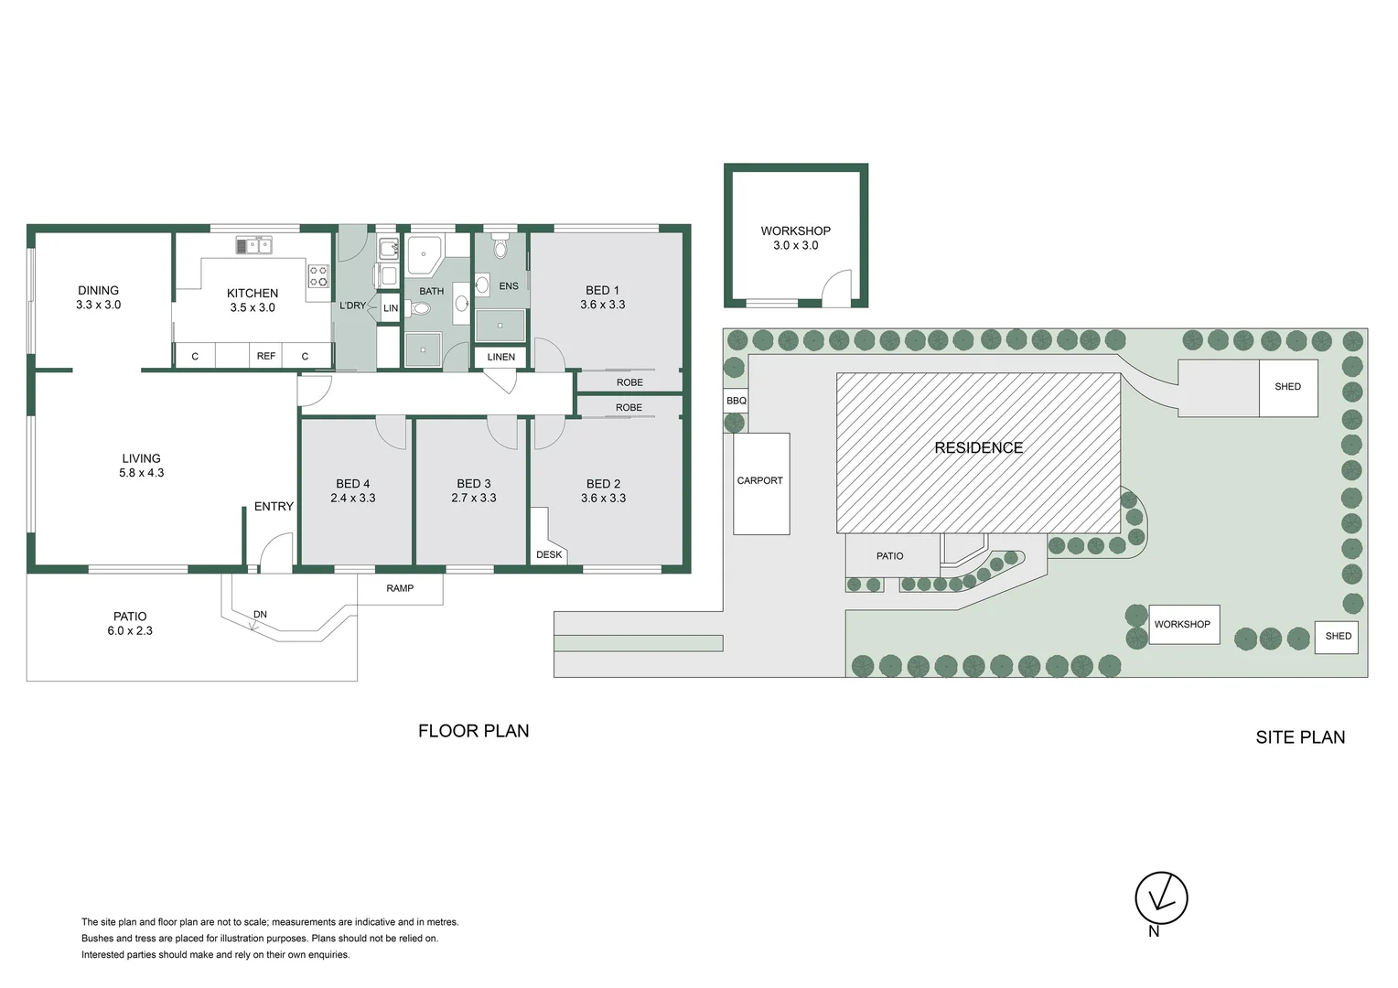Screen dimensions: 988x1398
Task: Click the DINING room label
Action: [98, 290]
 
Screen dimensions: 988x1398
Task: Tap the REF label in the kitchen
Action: [265, 356]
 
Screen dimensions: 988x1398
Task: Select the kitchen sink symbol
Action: [253, 245]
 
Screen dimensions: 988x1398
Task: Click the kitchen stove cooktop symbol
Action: [317, 275]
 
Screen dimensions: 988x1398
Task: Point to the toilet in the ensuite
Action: [500, 247]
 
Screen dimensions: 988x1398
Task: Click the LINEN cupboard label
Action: [500, 357]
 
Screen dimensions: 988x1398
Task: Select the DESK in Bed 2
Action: [549, 554]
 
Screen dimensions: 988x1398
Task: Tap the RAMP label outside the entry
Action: [400, 588]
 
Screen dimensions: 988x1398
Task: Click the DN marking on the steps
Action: [260, 615]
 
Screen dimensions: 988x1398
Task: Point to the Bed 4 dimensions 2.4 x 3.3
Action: [353, 499]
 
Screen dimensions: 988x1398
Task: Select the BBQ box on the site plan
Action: [737, 401]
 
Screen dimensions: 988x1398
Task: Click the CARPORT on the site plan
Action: [760, 481]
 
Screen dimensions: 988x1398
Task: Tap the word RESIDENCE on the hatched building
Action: [978, 447]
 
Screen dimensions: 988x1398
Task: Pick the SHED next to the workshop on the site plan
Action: [1338, 636]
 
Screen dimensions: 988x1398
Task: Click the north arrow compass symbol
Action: [1161, 897]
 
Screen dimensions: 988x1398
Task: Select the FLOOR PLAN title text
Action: [473, 731]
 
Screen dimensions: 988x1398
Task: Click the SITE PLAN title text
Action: [1299, 737]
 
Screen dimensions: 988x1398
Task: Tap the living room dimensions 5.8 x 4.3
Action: [141, 473]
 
